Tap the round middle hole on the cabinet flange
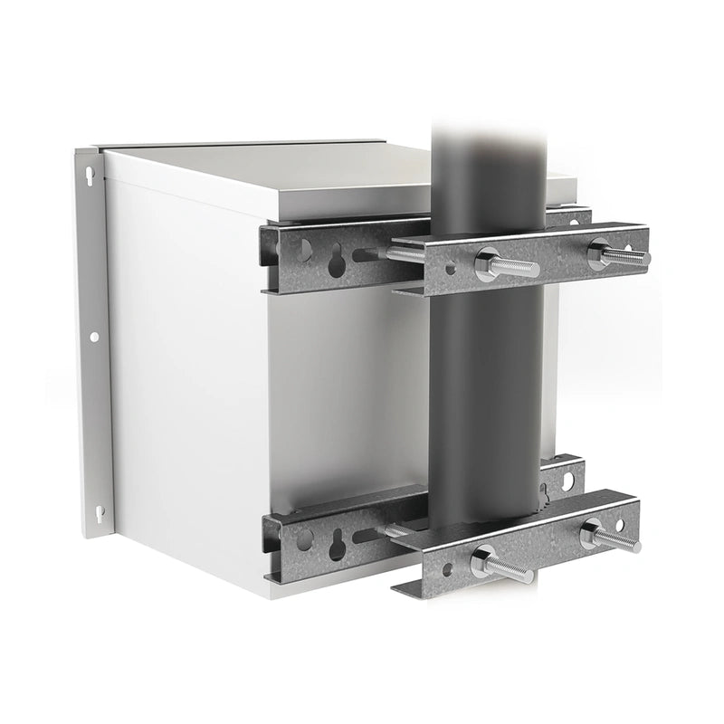tap(94, 337)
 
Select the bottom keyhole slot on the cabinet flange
tap(99, 512)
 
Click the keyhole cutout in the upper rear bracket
tap(337, 262)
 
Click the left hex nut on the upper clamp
tap(487, 263)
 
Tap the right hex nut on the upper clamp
tap(599, 253)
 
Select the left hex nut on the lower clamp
tap(482, 564)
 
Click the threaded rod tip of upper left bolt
tap(534, 270)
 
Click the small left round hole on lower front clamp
tap(446, 569)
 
